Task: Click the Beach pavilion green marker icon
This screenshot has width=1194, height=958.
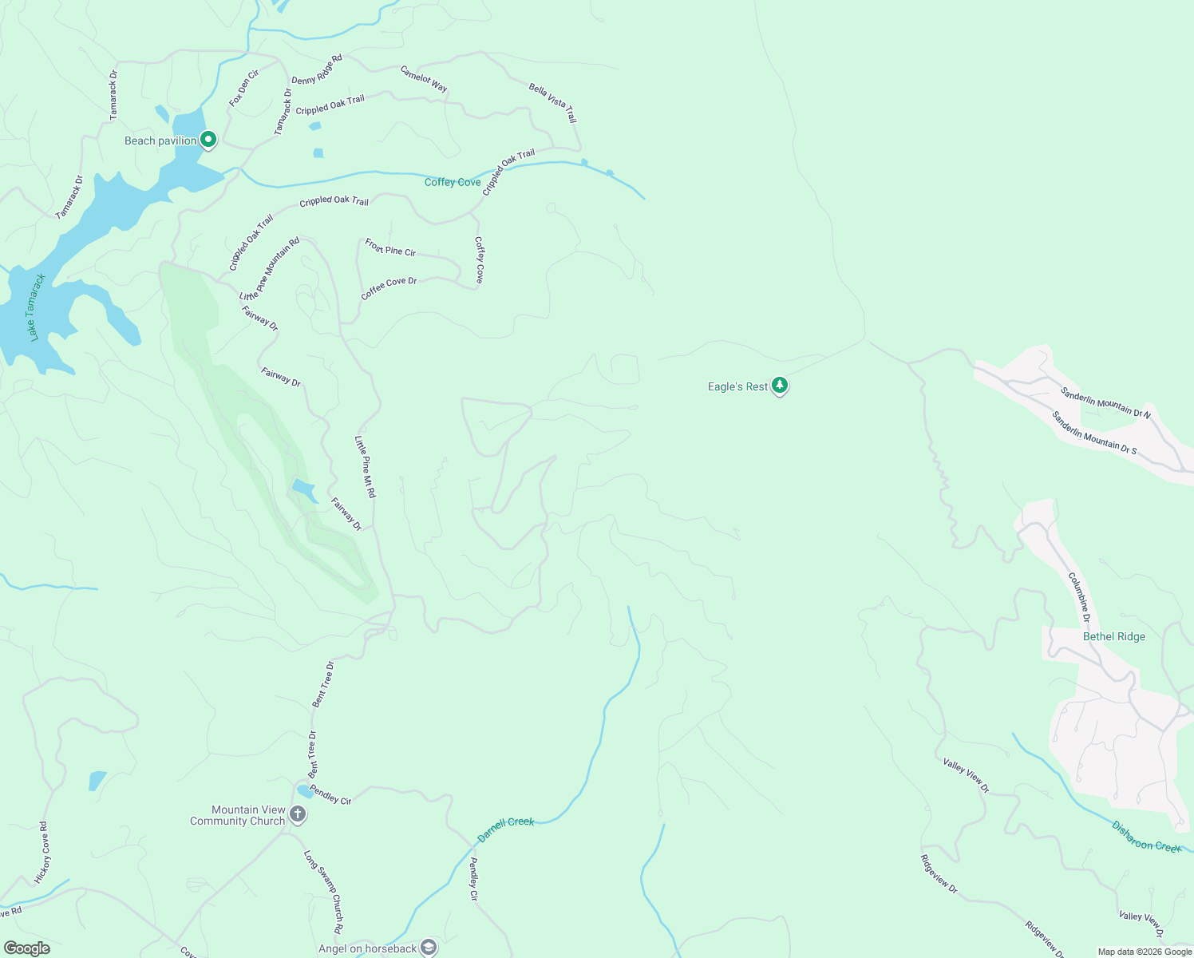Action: tap(208, 140)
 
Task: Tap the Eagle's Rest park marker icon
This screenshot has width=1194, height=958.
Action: tap(780, 386)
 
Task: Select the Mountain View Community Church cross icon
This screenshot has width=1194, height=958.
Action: tap(298, 814)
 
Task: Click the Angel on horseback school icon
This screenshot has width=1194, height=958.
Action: tap(429, 948)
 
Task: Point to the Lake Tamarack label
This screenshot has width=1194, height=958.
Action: tap(37, 307)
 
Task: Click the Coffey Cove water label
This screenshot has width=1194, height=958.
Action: tap(453, 182)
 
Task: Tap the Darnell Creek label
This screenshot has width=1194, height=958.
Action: tap(505, 828)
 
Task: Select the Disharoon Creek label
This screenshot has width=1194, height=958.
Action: tap(1146, 837)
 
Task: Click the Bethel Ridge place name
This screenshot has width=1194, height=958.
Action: tap(1113, 636)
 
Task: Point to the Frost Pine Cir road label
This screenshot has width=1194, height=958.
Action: tap(390, 247)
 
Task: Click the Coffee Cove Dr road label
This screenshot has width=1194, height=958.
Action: tap(389, 287)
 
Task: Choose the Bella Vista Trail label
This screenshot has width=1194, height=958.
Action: tap(552, 101)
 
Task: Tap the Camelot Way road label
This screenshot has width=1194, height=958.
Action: tap(424, 78)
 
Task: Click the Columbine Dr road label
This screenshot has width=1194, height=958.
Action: tap(1079, 592)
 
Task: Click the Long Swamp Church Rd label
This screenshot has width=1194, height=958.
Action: tap(324, 892)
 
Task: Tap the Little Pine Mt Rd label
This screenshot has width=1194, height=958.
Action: tap(365, 466)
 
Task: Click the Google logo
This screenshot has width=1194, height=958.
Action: tap(27, 948)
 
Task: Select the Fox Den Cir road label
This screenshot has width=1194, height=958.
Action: tap(244, 88)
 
